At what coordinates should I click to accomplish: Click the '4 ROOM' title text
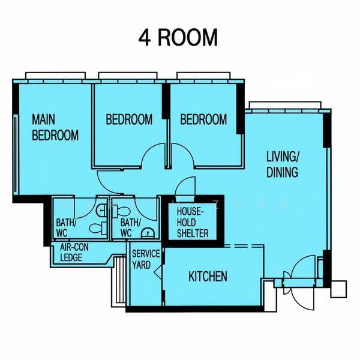[178, 38]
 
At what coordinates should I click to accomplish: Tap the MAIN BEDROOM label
[55, 127]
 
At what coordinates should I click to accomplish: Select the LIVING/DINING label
[283, 164]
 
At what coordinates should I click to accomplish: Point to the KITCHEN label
[208, 276]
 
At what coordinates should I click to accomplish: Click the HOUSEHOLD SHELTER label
[193, 223]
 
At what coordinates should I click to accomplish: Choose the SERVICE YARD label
[146, 259]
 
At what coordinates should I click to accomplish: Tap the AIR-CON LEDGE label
[74, 253]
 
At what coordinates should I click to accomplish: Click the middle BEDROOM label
[129, 119]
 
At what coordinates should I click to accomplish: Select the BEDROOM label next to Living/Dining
[203, 119]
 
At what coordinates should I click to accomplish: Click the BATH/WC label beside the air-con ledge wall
[66, 228]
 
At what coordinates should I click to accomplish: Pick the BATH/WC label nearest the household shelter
[130, 228]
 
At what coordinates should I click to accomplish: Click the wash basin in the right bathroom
[148, 233]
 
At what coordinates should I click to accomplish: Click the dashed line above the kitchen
[244, 246]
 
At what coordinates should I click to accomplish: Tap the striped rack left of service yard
[119, 281]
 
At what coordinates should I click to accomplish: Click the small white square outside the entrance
[338, 289]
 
